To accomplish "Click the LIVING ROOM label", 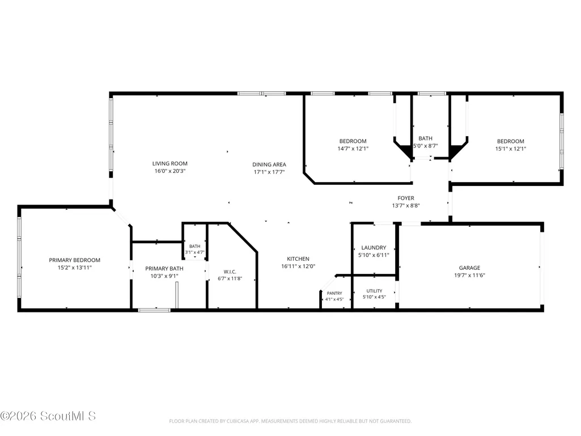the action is tap(169, 163).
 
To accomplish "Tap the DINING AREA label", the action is tap(269, 164).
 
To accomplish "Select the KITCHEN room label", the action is tap(298, 259).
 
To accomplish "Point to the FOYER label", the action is tap(406, 198).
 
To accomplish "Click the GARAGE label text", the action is tap(469, 268).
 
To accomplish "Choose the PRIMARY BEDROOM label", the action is tap(74, 260).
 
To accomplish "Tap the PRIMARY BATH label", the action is tap(164, 268).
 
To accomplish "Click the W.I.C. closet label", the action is tap(230, 272).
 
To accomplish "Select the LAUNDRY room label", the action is tap(374, 248).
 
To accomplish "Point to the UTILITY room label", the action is tap(374, 291).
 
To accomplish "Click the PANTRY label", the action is tap(334, 293).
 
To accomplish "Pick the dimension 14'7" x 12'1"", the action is tap(353, 149).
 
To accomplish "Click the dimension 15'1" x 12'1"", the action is tap(511, 149).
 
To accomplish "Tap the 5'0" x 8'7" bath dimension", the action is tap(425, 146).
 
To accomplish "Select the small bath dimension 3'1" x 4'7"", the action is tap(194, 252).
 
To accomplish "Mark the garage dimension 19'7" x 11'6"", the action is tap(469, 275).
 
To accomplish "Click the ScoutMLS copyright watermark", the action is tap(48, 416).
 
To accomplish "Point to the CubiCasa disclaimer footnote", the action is tap(290, 421).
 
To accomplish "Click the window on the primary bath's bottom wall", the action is tap(154, 310).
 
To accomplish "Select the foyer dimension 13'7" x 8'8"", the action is tap(406, 206).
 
